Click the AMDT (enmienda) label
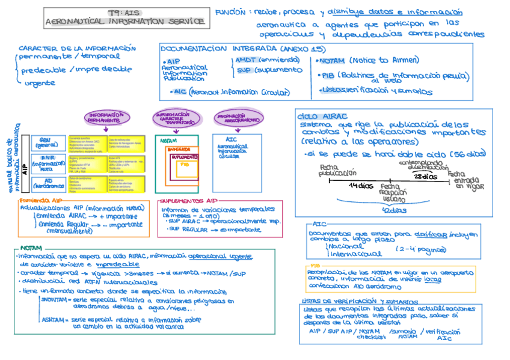(267, 60)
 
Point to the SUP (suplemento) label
(268, 70)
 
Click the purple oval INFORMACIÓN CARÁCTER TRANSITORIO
(176, 118)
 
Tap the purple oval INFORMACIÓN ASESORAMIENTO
(239, 118)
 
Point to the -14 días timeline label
(361, 186)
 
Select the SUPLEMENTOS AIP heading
(188, 201)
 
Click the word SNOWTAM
(55, 299)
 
